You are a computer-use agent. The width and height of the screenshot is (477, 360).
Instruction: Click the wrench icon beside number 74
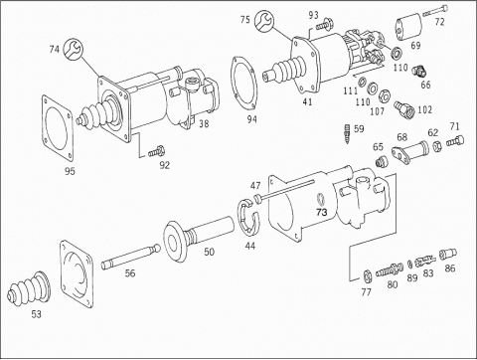74,49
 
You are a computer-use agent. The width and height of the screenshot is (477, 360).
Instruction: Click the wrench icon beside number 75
264,20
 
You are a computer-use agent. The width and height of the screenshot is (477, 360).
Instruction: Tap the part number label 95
70,171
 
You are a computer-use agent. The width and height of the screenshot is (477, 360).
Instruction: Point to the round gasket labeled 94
243,83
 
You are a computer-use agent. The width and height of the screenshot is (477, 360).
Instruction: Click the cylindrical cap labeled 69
408,27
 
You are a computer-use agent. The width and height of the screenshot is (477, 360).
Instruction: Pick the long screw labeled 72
435,11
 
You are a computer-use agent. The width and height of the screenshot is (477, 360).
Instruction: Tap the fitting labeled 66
419,71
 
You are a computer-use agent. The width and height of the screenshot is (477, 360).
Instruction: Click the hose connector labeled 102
404,108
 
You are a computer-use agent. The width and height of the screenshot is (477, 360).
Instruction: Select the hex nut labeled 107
385,96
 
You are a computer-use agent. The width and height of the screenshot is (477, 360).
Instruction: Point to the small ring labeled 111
362,81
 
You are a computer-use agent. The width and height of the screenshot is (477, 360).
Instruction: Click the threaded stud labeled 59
348,133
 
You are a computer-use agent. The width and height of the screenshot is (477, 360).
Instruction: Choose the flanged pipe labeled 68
410,151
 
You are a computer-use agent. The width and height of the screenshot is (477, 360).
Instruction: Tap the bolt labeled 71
455,141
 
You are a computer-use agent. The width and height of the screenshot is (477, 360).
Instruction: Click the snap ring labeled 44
249,218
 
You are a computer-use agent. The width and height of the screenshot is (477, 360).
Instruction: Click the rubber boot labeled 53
29,288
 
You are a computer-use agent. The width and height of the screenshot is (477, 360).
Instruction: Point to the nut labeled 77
367,275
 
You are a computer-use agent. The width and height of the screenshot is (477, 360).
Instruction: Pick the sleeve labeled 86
448,254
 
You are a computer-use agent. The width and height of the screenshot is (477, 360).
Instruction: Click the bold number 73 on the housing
322,212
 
